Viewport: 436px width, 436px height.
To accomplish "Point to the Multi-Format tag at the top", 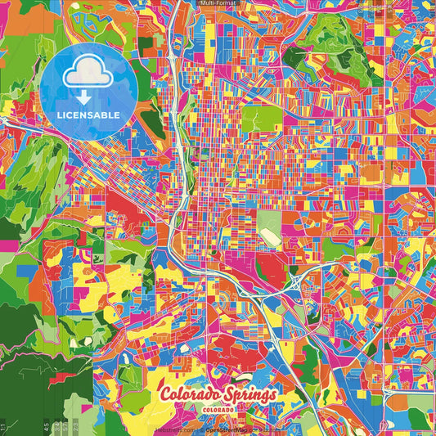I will (218, 3).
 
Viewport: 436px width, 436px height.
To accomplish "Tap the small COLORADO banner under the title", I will (220, 407).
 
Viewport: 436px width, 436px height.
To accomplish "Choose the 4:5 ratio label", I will (46, 426).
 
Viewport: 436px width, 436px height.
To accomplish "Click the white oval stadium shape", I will (267, 236).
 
